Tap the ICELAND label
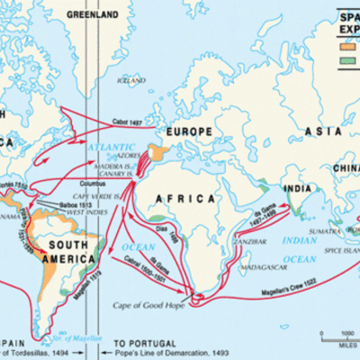point(130,80)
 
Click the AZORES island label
point(123,157)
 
